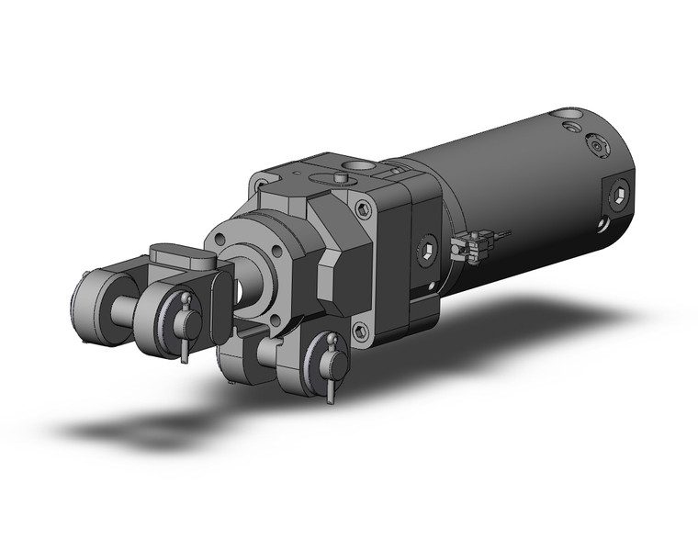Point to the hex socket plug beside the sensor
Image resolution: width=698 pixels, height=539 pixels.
[x=426, y=249]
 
